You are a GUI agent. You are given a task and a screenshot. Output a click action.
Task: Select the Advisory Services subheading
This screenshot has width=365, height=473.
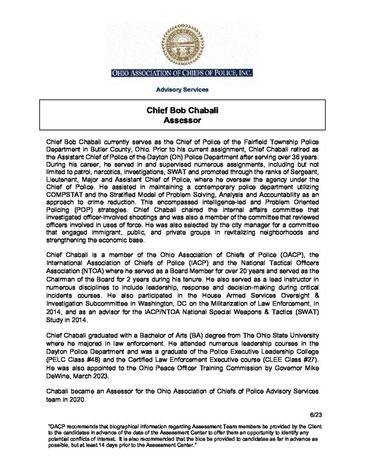(x=182, y=90)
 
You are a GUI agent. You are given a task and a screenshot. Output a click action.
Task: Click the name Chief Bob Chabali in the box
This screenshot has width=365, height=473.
(x=182, y=111)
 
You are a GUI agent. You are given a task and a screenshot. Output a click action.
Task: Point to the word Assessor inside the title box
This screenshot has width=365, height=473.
(x=182, y=121)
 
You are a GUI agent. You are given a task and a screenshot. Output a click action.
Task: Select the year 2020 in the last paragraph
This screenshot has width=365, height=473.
(x=76, y=400)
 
